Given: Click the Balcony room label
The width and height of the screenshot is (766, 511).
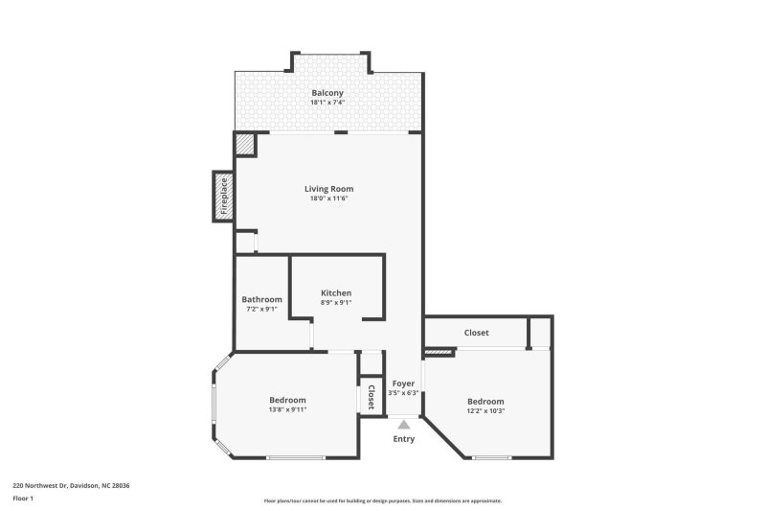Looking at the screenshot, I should tap(327, 93).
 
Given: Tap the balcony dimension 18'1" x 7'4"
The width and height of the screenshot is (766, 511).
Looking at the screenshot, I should tap(327, 103).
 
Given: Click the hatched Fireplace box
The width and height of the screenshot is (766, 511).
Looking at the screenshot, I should tap(223, 197).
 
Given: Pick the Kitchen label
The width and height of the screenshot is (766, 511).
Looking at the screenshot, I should tap(336, 292).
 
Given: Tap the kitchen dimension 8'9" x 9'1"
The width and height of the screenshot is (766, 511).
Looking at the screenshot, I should tap(336, 303).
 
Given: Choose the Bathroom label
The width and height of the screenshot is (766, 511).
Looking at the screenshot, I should tap(261, 299).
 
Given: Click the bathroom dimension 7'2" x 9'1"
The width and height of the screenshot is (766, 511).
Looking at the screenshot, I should tap(261, 309).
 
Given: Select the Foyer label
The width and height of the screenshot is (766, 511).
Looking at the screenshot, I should tap(403, 383).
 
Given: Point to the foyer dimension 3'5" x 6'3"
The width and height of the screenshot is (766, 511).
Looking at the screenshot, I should tap(403, 392).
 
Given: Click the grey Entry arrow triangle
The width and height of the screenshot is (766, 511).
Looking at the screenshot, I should tap(404, 423).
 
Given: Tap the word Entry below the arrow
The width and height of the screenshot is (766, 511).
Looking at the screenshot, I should tap(404, 438).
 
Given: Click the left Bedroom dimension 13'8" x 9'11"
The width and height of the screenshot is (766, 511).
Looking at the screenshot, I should tap(287, 409).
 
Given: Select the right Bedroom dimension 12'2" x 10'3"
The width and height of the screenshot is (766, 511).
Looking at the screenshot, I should tap(485, 410).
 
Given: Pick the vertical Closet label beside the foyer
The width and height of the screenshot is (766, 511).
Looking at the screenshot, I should tap(371, 397).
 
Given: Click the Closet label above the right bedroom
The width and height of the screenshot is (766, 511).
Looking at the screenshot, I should tap(476, 333).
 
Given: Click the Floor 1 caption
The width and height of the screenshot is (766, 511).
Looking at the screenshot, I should tap(23, 499).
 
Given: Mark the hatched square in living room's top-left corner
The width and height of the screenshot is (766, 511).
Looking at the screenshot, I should tap(245, 145).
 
